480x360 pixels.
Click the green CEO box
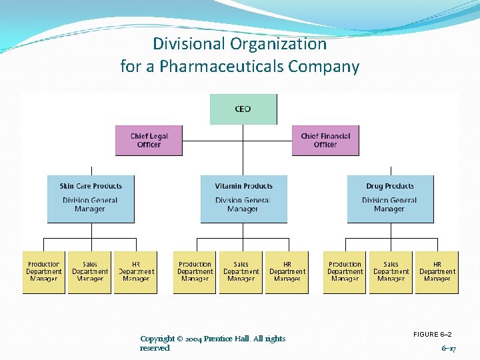pos(243,109)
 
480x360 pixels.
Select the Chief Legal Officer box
pos(149,141)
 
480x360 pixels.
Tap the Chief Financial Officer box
pos(325,141)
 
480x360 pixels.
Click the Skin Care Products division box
pos(91,199)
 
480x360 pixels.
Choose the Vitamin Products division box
pos(243,199)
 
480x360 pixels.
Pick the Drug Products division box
pos(390,199)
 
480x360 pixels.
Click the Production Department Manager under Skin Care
pos(44,272)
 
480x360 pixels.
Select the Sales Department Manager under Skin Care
pos(90,272)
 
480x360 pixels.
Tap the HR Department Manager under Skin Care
pos(136,272)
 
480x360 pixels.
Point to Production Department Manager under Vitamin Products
pos(195,272)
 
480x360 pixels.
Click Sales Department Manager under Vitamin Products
pos(241,272)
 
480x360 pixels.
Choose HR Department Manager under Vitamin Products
pos(287,272)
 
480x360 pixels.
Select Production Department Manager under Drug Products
pos(345,272)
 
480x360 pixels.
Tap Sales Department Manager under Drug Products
pos(391,272)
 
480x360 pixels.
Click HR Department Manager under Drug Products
pos(437,272)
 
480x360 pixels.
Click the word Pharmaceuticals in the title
pos(221,67)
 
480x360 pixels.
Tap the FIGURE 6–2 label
pos(433,334)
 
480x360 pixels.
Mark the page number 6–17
pos(449,348)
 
